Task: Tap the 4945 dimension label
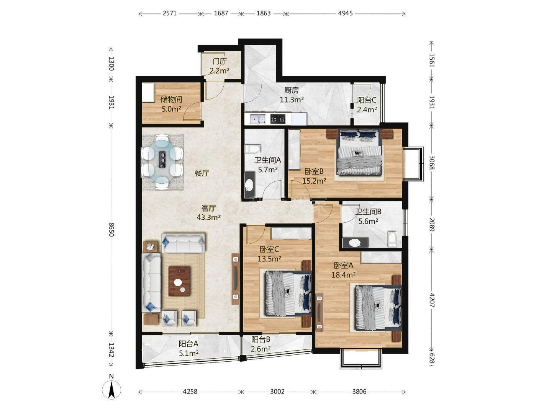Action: [345, 13]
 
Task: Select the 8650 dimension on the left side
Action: [111, 230]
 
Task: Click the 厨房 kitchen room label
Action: [292, 90]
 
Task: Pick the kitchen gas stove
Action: [278, 119]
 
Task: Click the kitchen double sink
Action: [257, 119]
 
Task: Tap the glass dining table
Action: [162, 162]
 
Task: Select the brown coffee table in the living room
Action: [179, 281]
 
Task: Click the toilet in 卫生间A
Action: [252, 149]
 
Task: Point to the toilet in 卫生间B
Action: [392, 239]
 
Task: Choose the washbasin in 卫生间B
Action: [355, 243]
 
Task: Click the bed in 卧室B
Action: [359, 152]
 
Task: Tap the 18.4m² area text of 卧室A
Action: [344, 274]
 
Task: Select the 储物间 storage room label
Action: [171, 100]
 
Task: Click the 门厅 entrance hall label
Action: [220, 61]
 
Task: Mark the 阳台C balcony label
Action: [367, 100]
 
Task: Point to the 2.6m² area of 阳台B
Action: [261, 349]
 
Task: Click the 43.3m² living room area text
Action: [209, 217]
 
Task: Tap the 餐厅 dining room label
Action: [202, 173]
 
